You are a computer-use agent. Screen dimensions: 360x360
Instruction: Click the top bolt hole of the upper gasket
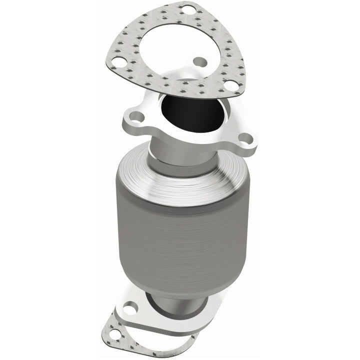[x=187, y=9]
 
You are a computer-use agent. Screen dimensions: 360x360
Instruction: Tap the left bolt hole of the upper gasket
[x=119, y=62]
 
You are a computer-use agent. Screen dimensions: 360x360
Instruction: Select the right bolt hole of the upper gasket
[x=230, y=85]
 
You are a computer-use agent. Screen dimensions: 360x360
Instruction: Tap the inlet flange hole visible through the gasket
[x=200, y=62]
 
